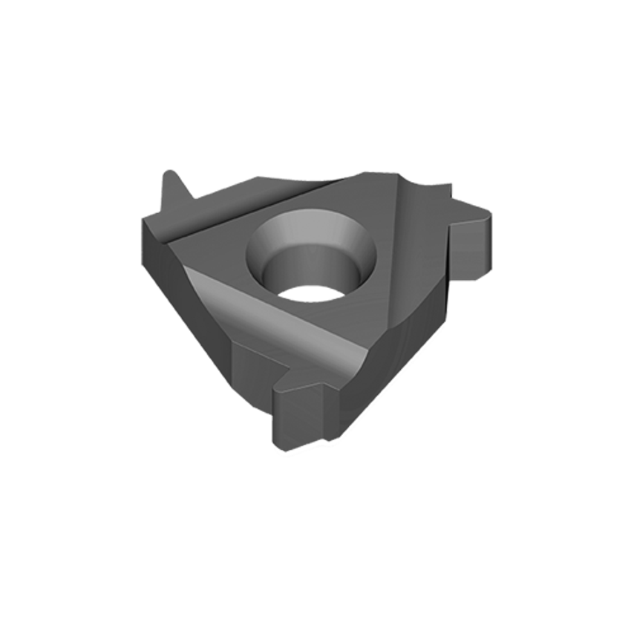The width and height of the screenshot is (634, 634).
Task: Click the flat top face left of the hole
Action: pyautogui.click(x=215, y=238)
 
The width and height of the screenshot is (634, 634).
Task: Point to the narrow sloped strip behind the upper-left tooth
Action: pyautogui.click(x=223, y=202)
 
